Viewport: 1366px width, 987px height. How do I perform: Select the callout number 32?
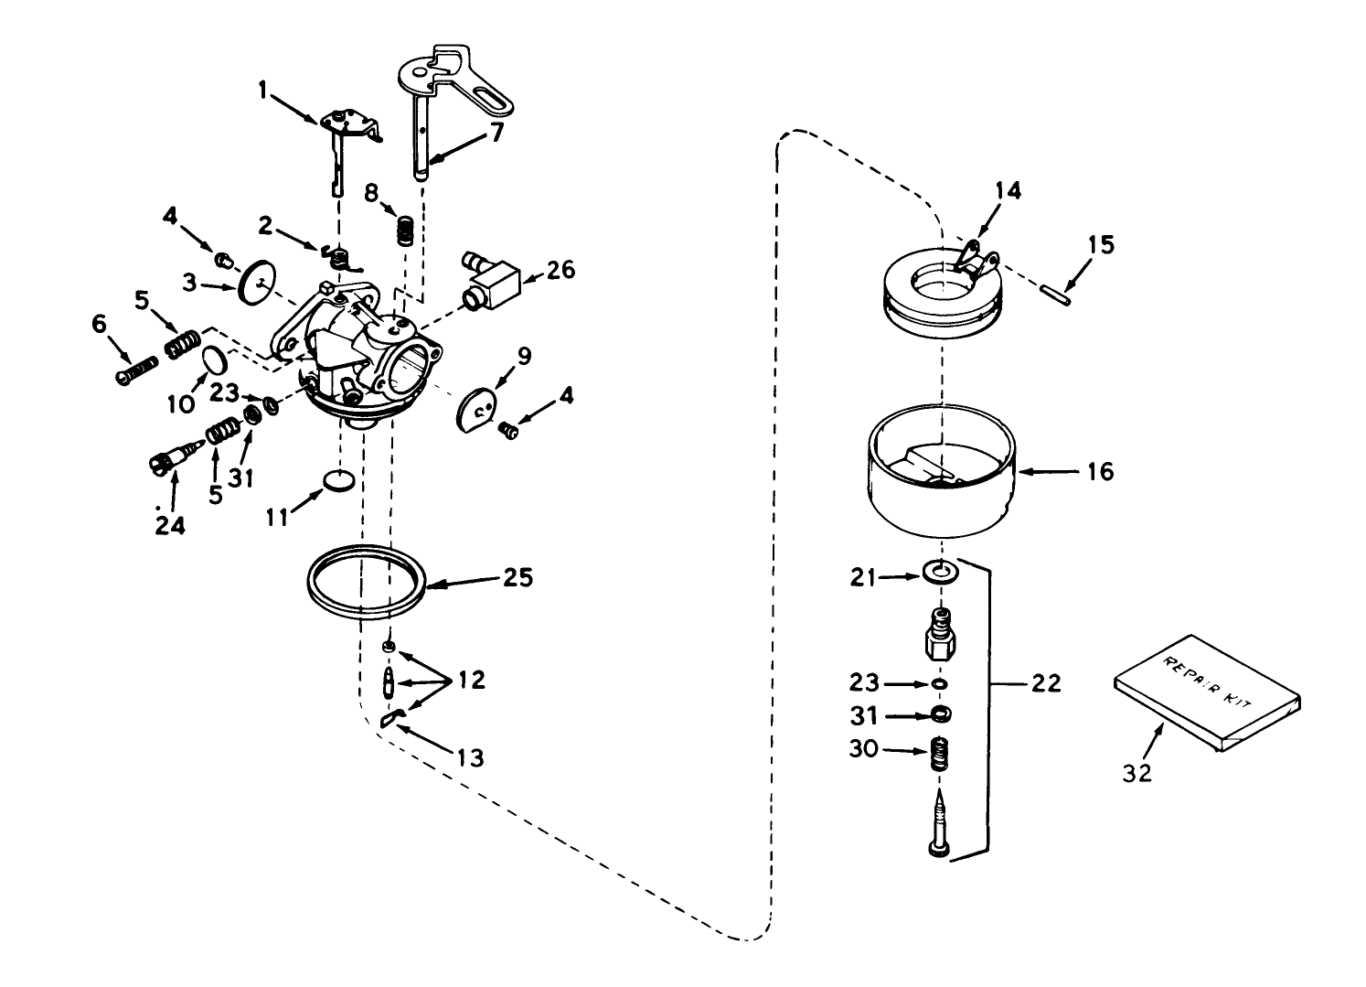[1138, 772]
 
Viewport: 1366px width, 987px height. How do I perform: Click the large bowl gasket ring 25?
[365, 584]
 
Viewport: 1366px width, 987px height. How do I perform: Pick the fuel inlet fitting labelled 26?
[492, 276]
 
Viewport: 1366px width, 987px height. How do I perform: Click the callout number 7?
[496, 133]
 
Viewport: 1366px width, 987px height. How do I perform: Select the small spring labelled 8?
[402, 229]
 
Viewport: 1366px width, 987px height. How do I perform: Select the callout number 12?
[473, 681]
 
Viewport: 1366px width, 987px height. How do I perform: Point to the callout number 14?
[1008, 191]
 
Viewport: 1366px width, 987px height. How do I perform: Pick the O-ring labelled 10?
[213, 359]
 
